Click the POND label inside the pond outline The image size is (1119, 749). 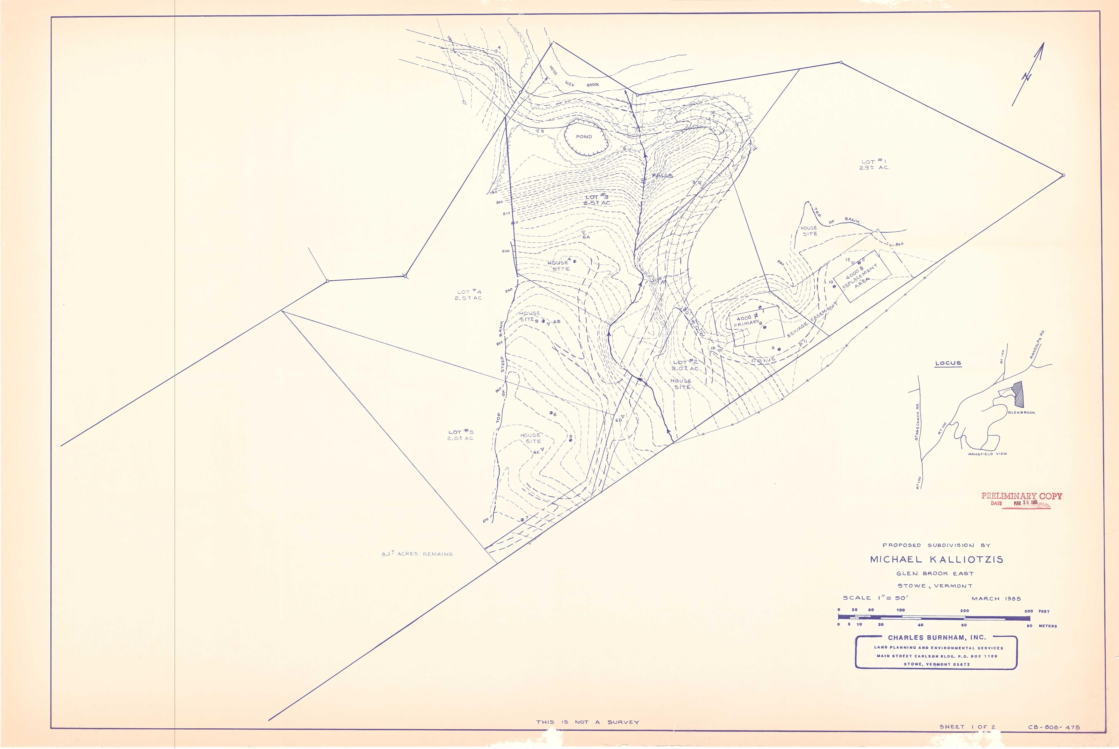pos(584,137)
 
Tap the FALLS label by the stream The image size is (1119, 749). pos(662,176)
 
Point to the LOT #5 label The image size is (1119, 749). pos(460,435)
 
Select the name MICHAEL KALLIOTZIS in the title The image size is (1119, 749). pos(936,559)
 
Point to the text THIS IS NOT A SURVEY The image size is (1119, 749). pos(587,722)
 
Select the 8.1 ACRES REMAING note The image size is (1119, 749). pos(416,554)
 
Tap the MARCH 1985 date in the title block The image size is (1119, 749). pos(996,598)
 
